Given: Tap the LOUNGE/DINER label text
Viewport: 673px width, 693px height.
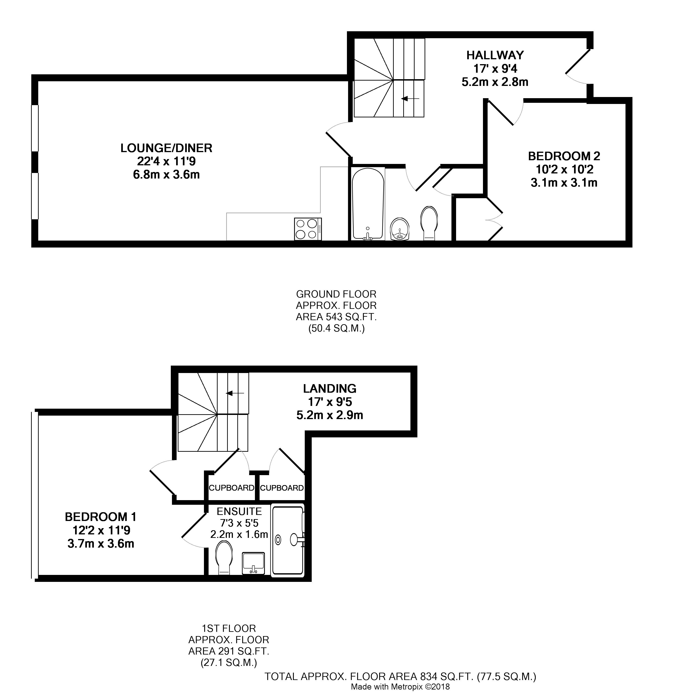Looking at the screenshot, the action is (x=166, y=148).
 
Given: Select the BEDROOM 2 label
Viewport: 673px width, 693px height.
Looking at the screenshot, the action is (x=564, y=156).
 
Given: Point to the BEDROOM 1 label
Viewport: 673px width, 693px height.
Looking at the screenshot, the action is (x=101, y=517).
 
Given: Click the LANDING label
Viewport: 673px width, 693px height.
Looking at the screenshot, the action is (x=329, y=389).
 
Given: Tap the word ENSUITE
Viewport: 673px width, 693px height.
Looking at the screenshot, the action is (x=239, y=511).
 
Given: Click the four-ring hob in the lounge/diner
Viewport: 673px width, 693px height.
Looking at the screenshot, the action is (x=308, y=229).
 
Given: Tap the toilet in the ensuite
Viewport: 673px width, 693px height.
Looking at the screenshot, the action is (x=224, y=557).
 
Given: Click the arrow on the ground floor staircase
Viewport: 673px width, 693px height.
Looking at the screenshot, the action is (x=410, y=99).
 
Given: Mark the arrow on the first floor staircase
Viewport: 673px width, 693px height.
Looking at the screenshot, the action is (x=235, y=393).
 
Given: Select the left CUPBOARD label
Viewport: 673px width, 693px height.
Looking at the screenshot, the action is (x=232, y=488).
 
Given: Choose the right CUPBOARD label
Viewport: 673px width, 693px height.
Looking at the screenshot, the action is (x=282, y=488).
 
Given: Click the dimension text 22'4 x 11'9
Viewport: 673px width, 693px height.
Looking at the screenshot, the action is (x=166, y=161).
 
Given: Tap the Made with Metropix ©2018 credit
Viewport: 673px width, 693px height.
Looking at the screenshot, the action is (x=400, y=687).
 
